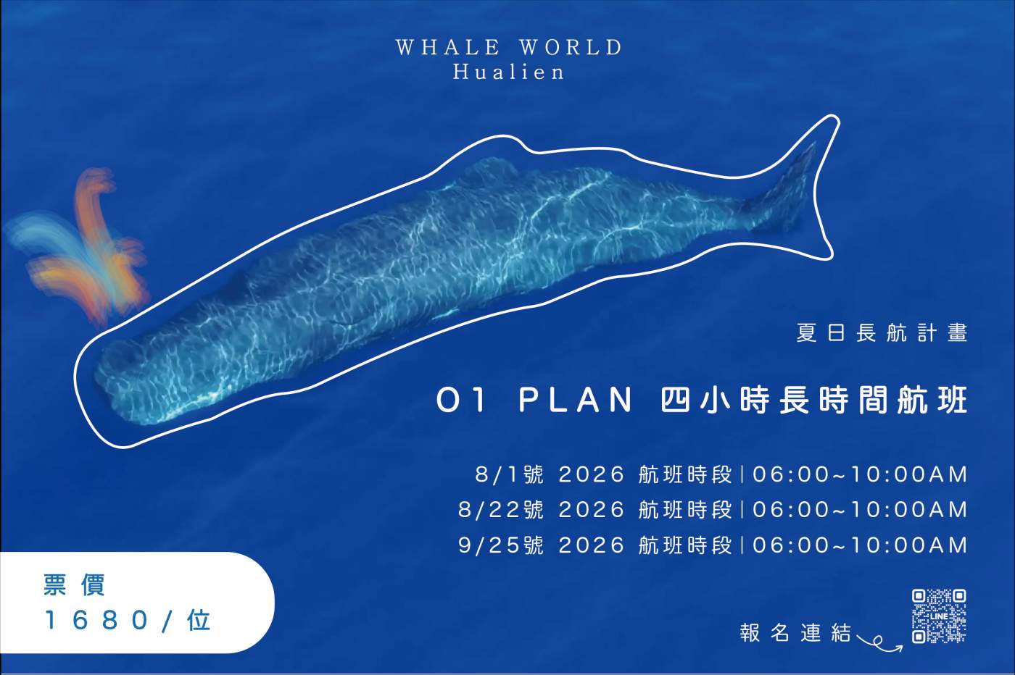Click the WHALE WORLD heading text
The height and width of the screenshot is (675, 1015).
tap(509, 48)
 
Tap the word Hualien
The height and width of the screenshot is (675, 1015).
tap(509, 72)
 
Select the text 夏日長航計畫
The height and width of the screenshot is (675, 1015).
tap(882, 332)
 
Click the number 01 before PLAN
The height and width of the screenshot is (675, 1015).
tap(461, 401)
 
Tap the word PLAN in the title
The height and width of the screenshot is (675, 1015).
tap(576, 401)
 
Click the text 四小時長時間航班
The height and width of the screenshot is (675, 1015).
tap(814, 401)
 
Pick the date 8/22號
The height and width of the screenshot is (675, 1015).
tap(501, 510)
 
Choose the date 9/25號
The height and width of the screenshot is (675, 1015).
tap(501, 545)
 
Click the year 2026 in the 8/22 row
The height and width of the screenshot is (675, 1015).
tap(592, 510)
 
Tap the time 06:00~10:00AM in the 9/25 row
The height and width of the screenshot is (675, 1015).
tap(860, 545)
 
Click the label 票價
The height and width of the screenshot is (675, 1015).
tap(75, 585)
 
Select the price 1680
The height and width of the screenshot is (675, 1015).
tap(96, 620)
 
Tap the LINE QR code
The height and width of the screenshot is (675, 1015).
tap(939, 616)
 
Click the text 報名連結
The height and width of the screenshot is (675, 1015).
tap(796, 633)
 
